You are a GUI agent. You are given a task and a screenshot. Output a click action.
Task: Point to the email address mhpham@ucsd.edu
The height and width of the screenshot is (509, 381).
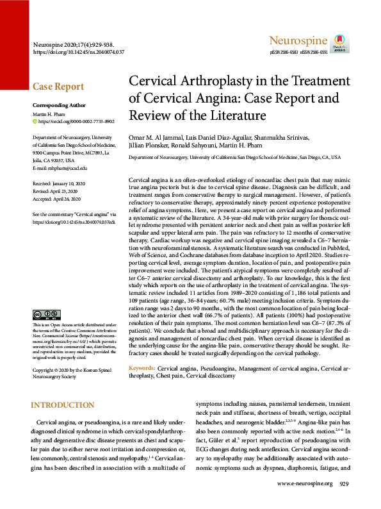[x=60, y=168]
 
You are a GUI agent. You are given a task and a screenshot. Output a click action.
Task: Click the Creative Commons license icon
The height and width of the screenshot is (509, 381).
[x=46, y=314]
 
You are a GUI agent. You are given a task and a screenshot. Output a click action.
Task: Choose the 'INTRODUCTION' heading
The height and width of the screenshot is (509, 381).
[x=63, y=405]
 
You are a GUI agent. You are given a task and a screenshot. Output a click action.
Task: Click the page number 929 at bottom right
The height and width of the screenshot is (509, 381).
[x=344, y=501]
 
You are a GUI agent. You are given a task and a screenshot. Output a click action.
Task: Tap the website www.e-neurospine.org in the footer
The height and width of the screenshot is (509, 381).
[x=304, y=501]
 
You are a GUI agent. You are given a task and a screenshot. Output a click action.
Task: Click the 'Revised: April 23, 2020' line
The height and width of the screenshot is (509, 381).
[x=59, y=191]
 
